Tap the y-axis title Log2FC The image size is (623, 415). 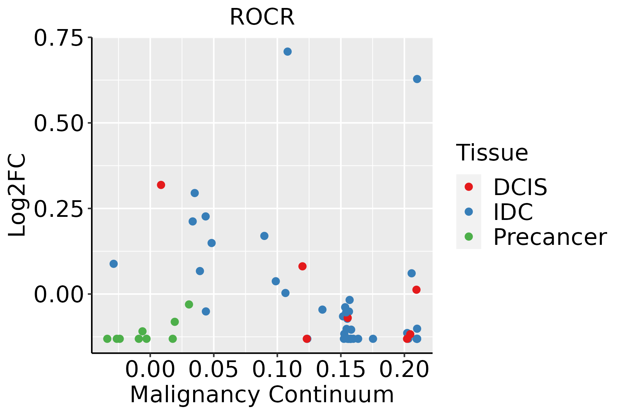tap(17, 195)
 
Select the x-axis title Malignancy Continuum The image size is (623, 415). tap(262, 395)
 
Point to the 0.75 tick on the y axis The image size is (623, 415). tap(59, 38)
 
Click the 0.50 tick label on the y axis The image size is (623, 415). tap(59, 123)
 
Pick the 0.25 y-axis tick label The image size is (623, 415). tap(59, 209)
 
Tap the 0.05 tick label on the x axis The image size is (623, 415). tap(214, 369)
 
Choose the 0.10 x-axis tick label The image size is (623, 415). tap(277, 369)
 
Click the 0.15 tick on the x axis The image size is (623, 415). tap(341, 369)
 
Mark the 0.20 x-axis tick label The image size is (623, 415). tap(404, 369)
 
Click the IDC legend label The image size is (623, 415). tap(513, 212)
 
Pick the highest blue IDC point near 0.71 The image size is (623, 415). tap(288, 52)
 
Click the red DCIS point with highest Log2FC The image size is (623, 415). tap(161, 185)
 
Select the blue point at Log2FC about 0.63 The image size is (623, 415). tap(417, 79)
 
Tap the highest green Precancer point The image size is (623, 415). tap(189, 304)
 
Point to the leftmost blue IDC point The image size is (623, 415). tap(114, 264)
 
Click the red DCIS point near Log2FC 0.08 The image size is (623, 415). tap(303, 266)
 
